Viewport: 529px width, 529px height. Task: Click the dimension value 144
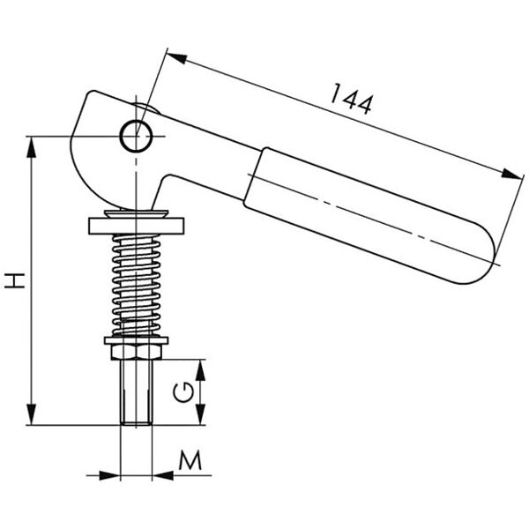click(x=352, y=99)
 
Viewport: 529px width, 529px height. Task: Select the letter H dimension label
click(x=15, y=280)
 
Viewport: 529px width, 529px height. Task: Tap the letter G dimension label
click(x=183, y=392)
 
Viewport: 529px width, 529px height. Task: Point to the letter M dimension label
click(x=190, y=460)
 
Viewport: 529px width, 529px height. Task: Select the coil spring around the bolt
click(x=137, y=285)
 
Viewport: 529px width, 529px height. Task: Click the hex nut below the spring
click(x=137, y=352)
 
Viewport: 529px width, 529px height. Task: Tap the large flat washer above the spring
click(x=137, y=226)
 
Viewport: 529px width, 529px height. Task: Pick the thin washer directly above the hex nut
click(x=137, y=340)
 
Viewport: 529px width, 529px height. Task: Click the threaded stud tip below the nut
click(x=137, y=391)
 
